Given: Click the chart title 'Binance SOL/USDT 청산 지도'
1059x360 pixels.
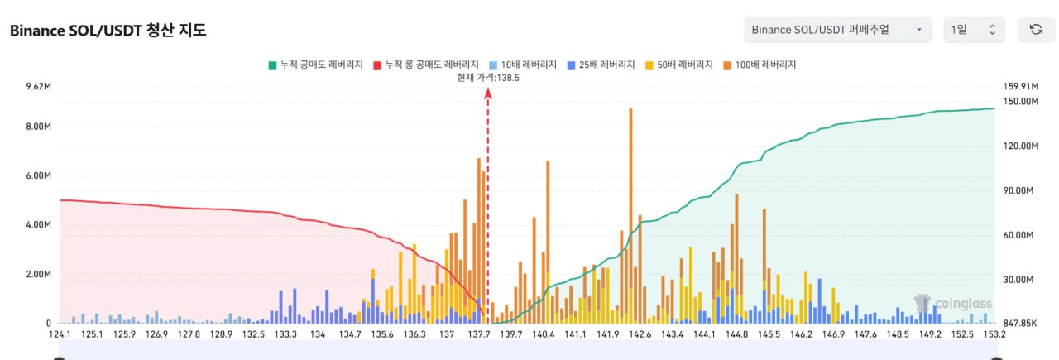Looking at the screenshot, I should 108,31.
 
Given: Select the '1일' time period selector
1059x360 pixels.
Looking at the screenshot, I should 973,30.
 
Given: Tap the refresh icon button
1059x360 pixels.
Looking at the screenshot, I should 1035,30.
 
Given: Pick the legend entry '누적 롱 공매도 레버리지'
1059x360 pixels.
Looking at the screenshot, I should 426,64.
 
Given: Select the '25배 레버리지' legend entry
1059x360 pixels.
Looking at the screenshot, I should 601,64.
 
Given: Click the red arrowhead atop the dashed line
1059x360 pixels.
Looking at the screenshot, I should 488,93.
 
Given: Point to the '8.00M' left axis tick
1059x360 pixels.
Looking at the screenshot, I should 38,127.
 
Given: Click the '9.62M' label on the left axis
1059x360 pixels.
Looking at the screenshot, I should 38,86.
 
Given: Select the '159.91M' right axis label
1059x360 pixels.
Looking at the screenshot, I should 1019,86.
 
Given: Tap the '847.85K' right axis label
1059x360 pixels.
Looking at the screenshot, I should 1019,324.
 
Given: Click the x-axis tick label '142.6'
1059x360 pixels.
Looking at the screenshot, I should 640,334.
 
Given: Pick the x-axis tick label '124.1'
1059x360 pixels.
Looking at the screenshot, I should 60,334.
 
